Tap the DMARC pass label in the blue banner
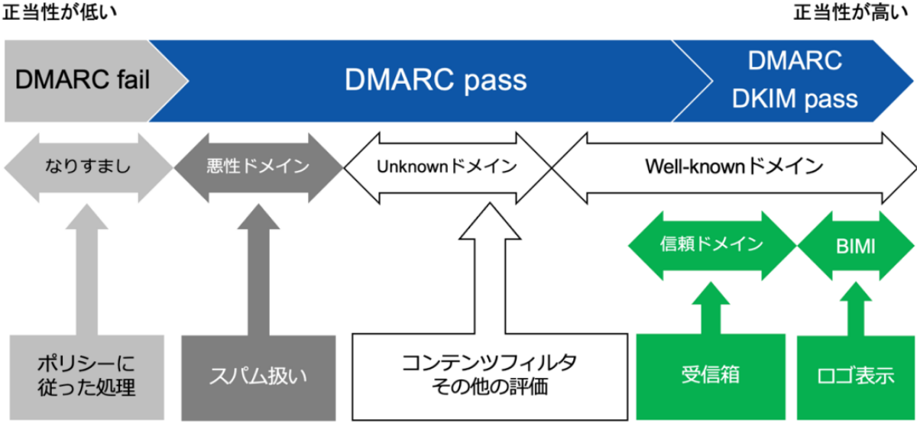(x=436, y=79)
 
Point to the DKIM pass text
(x=795, y=98)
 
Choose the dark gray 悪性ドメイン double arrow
(x=258, y=166)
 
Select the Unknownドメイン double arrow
(x=447, y=166)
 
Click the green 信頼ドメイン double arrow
(x=711, y=245)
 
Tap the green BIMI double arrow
(x=856, y=245)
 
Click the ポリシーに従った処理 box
(x=86, y=375)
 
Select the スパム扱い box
(x=258, y=375)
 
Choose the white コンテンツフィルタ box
(x=489, y=375)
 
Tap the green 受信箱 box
(x=711, y=375)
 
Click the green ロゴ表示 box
(x=854, y=375)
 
